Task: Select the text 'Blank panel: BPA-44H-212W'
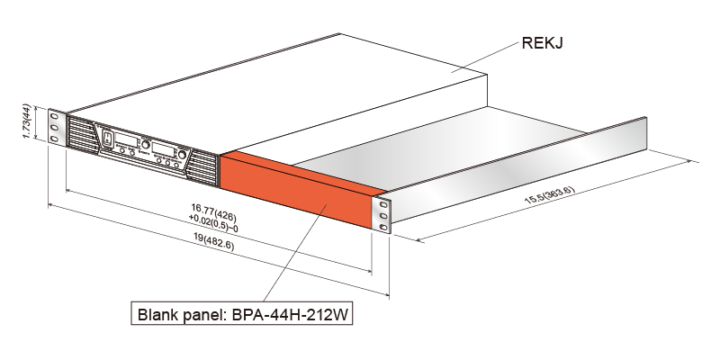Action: [x=239, y=316]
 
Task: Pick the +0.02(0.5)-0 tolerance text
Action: [x=213, y=220]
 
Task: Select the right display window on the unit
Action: [x=165, y=148]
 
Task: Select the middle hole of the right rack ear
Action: [x=385, y=218]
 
